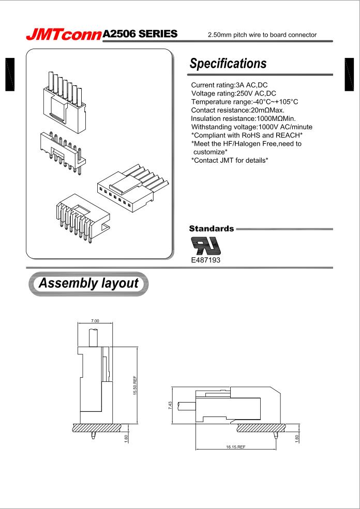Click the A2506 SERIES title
click(140, 34)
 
